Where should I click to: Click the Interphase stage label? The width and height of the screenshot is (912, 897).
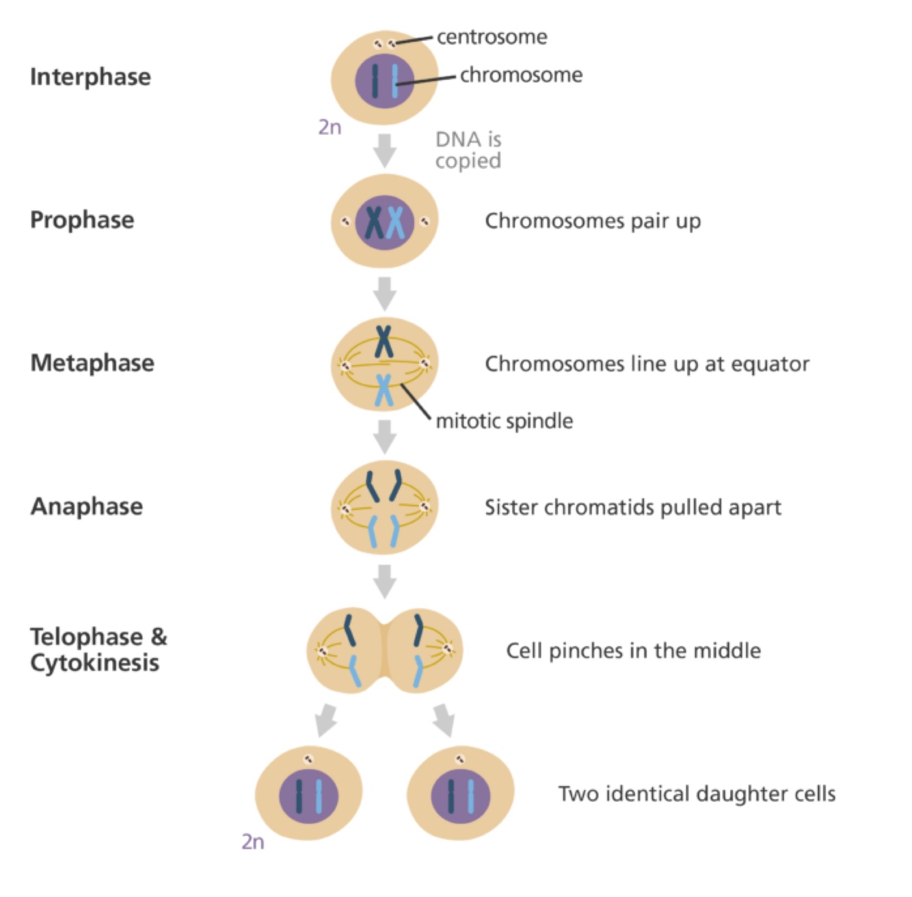click(90, 77)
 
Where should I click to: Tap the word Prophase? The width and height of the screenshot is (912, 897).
click(82, 220)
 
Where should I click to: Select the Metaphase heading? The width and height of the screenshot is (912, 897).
click(92, 363)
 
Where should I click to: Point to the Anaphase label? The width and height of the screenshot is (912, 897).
click(87, 506)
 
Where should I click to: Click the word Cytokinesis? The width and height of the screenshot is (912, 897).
click(94, 662)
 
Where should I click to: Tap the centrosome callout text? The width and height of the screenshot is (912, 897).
click(492, 37)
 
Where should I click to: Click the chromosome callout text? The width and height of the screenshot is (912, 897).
click(521, 75)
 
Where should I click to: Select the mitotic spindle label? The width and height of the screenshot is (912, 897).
click(505, 421)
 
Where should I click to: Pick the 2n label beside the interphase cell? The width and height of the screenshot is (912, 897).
click(330, 127)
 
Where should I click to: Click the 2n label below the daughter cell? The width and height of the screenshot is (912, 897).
click(253, 842)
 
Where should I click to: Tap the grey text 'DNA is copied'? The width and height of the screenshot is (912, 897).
click(468, 150)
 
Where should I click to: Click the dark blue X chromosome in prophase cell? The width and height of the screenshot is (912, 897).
click(374, 222)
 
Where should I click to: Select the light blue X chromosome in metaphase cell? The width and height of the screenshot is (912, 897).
click(384, 390)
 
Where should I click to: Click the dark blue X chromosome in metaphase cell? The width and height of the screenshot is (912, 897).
click(384, 340)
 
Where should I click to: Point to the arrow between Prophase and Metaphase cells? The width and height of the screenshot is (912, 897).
click(385, 293)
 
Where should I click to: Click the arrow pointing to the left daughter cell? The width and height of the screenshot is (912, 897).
click(326, 720)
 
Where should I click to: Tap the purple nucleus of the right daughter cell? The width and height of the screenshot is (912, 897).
click(461, 796)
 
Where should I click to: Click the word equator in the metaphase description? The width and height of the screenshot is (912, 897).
click(770, 364)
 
